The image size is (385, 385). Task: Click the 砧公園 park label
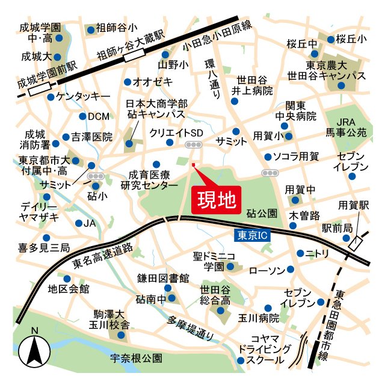[x=262, y=213]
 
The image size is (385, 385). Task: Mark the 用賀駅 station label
[x=353, y=205]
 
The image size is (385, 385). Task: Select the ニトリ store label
[x=318, y=253]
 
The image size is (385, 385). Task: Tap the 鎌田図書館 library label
[x=162, y=278]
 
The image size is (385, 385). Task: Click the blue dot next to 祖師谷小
[x=91, y=29]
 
